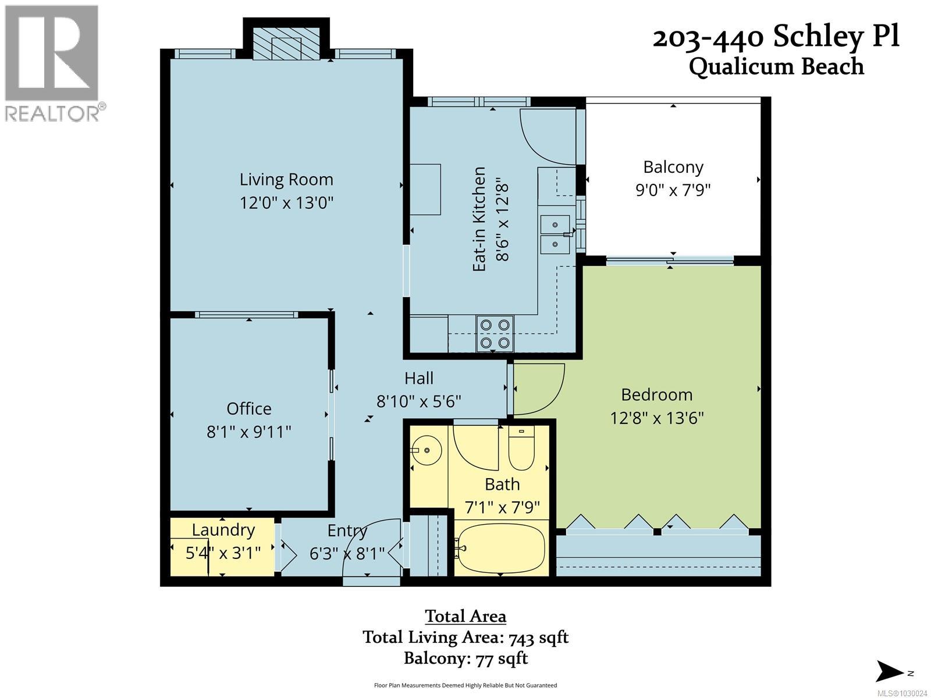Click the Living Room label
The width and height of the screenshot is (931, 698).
(x=286, y=179)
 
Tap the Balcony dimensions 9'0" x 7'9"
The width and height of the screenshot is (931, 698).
(x=673, y=190)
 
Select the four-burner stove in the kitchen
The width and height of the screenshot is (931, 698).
(x=495, y=334)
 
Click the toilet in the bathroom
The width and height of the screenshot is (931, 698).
(x=521, y=448)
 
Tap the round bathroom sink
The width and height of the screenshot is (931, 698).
(x=428, y=450)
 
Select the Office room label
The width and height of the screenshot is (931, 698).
(x=249, y=408)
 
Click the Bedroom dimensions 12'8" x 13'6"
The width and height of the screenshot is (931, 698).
(x=657, y=418)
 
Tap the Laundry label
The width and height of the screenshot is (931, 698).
(x=223, y=530)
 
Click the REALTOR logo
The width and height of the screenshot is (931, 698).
(x=53, y=62)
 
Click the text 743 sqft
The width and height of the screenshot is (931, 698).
(x=538, y=638)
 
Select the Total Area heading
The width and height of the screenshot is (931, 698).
(x=465, y=616)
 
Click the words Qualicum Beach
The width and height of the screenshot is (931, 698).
(x=776, y=66)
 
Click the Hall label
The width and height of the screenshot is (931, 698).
(x=419, y=379)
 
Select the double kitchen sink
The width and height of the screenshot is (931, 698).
(x=556, y=233)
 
